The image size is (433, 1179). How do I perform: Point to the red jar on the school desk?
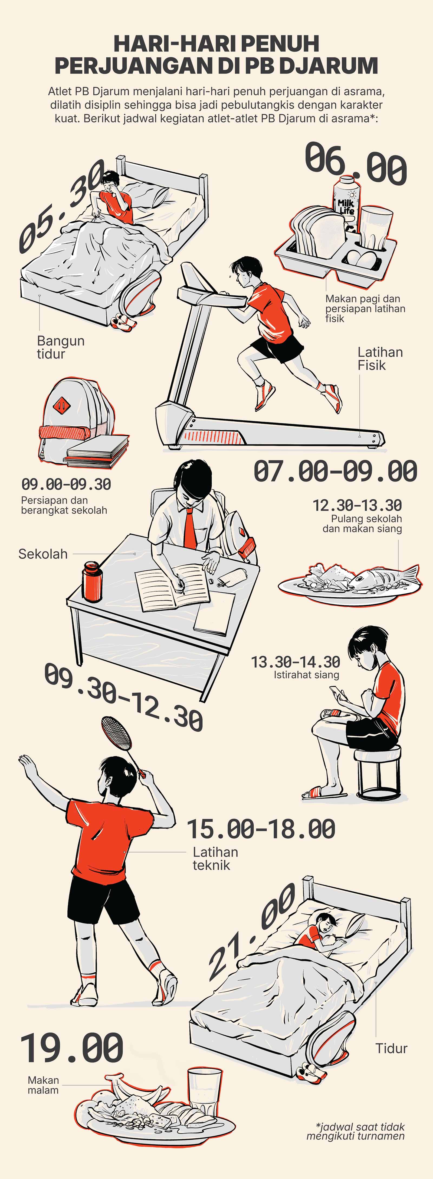(x=91, y=582)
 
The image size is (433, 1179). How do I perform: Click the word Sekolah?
(x=43, y=554)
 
